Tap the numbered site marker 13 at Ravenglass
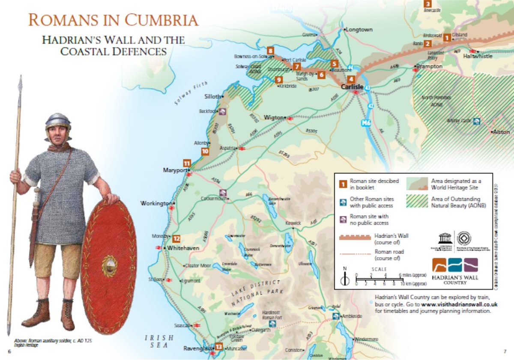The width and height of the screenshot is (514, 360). [x=219, y=347]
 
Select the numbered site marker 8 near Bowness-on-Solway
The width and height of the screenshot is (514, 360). [x=270, y=50]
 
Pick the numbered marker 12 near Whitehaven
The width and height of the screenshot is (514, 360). [x=176, y=240]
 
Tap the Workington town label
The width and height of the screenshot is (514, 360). [x=156, y=203]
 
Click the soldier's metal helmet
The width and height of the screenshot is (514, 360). [x=58, y=121]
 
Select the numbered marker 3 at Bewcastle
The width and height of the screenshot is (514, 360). [x=427, y=4]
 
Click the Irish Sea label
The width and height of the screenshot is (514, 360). [x=159, y=341]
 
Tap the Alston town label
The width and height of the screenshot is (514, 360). [x=502, y=132]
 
